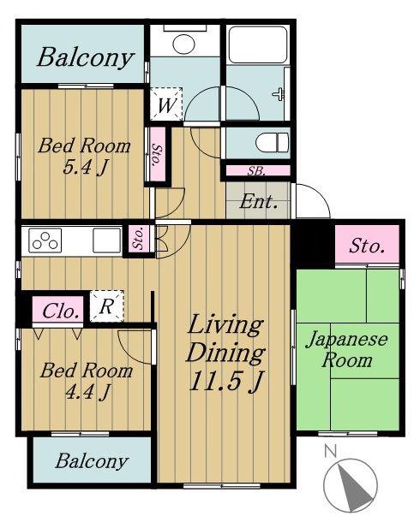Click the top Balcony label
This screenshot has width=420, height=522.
coord(86,57)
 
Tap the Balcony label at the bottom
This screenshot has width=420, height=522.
coord(92,460)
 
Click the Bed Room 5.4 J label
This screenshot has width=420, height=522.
coord(84,156)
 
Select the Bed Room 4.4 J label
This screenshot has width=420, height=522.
coord(87,381)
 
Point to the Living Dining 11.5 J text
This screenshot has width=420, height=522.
coord(225,353)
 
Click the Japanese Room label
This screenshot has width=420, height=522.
coord(346,350)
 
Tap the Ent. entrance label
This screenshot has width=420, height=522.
coord(258,201)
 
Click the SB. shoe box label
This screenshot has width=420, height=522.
coord(256,171)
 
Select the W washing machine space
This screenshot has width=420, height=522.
coord(166,104)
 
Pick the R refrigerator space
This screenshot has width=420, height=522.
coord(106,306)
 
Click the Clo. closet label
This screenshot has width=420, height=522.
coord(58,311)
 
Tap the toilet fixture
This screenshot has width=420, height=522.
coord(272,143)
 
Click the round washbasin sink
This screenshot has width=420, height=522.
coord(184,44)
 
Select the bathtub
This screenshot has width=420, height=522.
coord(258,45)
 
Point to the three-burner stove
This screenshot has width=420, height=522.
coord(45,240)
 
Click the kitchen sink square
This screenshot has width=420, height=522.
coord(106,240)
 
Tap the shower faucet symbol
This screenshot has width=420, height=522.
coord(279,94)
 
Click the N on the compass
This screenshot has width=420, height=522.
coord(330,451)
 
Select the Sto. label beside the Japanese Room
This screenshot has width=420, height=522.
coord(367,246)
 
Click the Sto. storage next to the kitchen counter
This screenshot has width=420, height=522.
coord(139,238)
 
